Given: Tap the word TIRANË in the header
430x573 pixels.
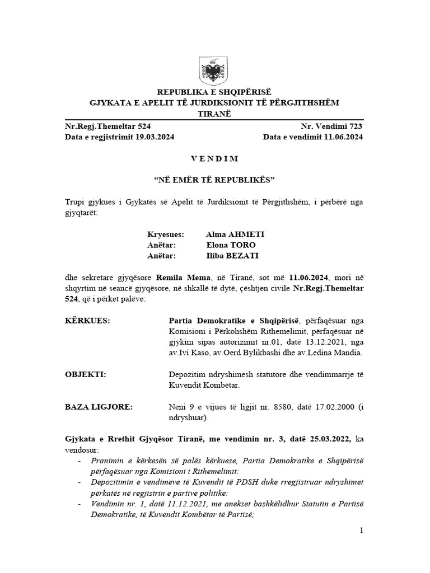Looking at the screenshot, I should tap(214, 114).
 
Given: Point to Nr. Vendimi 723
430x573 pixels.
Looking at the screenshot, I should tap(333, 128).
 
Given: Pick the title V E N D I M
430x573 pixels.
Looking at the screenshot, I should tap(214, 159).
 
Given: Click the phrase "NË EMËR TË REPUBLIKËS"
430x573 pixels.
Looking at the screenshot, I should tap(214, 180).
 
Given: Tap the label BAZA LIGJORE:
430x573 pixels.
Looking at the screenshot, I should tap(99, 407).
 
